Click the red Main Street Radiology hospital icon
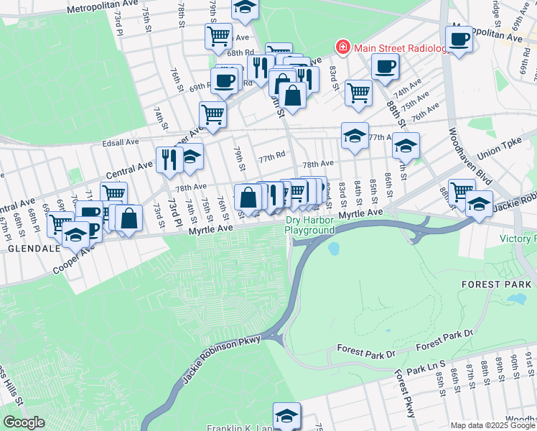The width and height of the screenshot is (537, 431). pos(343,47)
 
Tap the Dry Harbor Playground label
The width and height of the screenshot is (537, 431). pos(310,225)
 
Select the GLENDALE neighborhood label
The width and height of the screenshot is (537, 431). pos(28,248)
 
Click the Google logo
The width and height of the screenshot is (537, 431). pos(24,422)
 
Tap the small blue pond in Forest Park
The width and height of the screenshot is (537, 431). pos(332,250)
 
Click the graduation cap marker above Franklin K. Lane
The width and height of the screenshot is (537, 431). pos(286,414)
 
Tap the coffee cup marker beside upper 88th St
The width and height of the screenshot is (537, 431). pos(386,67)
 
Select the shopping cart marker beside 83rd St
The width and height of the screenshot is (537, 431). pos(358,92)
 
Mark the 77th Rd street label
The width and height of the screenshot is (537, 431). pos(272,155)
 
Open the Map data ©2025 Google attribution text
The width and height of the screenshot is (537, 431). pos(492,425)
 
